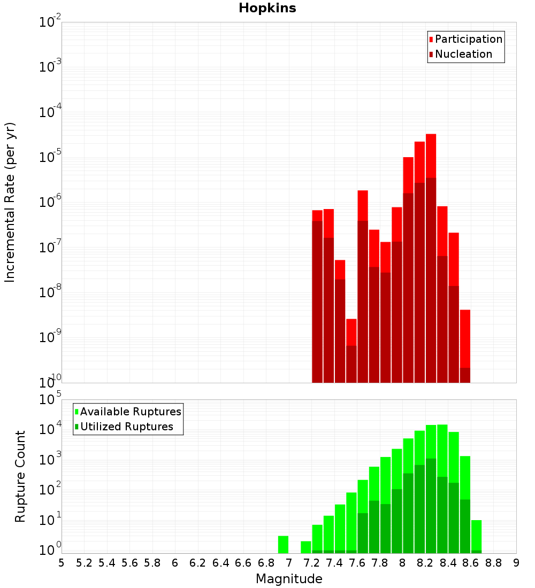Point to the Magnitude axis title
[x=289, y=579]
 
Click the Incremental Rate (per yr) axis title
[x=10, y=202]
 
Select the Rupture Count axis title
[x=20, y=476]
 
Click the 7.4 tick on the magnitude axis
[x=334, y=563]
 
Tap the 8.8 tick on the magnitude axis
[x=494, y=563]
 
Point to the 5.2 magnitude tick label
[x=84, y=563]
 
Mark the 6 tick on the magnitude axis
[x=175, y=563]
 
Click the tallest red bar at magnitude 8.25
[x=431, y=257]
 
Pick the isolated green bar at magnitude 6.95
[x=283, y=544]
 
